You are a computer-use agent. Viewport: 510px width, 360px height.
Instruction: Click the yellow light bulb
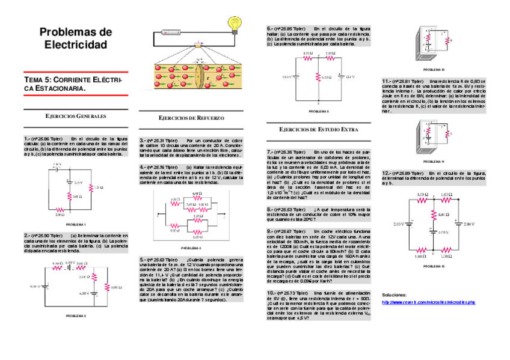(x=233, y=24)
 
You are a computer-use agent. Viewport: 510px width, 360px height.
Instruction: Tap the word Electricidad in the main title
(x=76, y=45)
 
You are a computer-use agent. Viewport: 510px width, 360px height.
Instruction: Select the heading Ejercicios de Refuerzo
(x=191, y=118)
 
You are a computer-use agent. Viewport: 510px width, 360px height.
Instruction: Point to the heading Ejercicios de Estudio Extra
(x=319, y=129)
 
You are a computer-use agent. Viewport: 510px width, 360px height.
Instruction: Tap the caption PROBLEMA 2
(x=76, y=315)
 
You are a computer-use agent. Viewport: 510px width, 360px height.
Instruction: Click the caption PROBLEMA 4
(x=191, y=248)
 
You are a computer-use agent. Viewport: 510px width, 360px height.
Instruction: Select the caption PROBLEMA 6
(x=319, y=111)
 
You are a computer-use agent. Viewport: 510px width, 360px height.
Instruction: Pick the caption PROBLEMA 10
(x=434, y=70)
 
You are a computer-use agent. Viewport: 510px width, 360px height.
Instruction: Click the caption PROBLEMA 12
(x=434, y=266)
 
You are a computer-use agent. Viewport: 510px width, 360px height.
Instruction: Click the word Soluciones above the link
(x=395, y=295)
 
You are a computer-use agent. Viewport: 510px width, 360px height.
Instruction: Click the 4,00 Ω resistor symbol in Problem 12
(x=432, y=215)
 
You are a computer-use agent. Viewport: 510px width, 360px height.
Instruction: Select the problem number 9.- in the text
(x=270, y=231)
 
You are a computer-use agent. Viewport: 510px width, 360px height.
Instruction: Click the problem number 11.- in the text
(x=386, y=81)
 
